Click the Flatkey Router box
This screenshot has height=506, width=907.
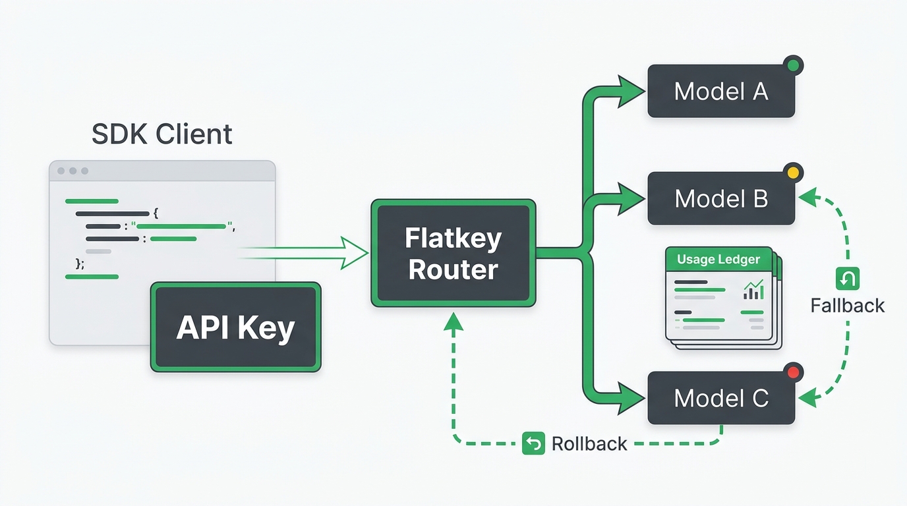[453, 253]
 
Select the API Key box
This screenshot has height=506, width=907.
[236, 327]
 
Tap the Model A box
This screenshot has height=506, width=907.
[721, 91]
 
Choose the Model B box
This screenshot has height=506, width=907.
[721, 198]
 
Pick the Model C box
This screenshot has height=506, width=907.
[721, 398]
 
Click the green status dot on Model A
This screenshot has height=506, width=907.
[793, 65]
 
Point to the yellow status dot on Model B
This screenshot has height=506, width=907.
[793, 173]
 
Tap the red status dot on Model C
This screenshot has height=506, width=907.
[793, 372]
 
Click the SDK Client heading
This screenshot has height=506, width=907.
[162, 134]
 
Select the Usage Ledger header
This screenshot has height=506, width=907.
[718, 259]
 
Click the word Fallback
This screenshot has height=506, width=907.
[848, 306]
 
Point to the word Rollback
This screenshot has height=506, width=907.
[589, 443]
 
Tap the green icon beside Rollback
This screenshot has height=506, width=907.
[533, 443]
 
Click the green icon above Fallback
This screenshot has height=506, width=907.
[848, 279]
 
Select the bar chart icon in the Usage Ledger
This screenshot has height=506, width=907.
[753, 290]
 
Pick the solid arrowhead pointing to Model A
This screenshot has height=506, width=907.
[631, 92]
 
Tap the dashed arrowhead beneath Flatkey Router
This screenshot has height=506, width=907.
[453, 322]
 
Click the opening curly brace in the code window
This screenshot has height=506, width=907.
[156, 213]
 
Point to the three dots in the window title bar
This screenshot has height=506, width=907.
[73, 171]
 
